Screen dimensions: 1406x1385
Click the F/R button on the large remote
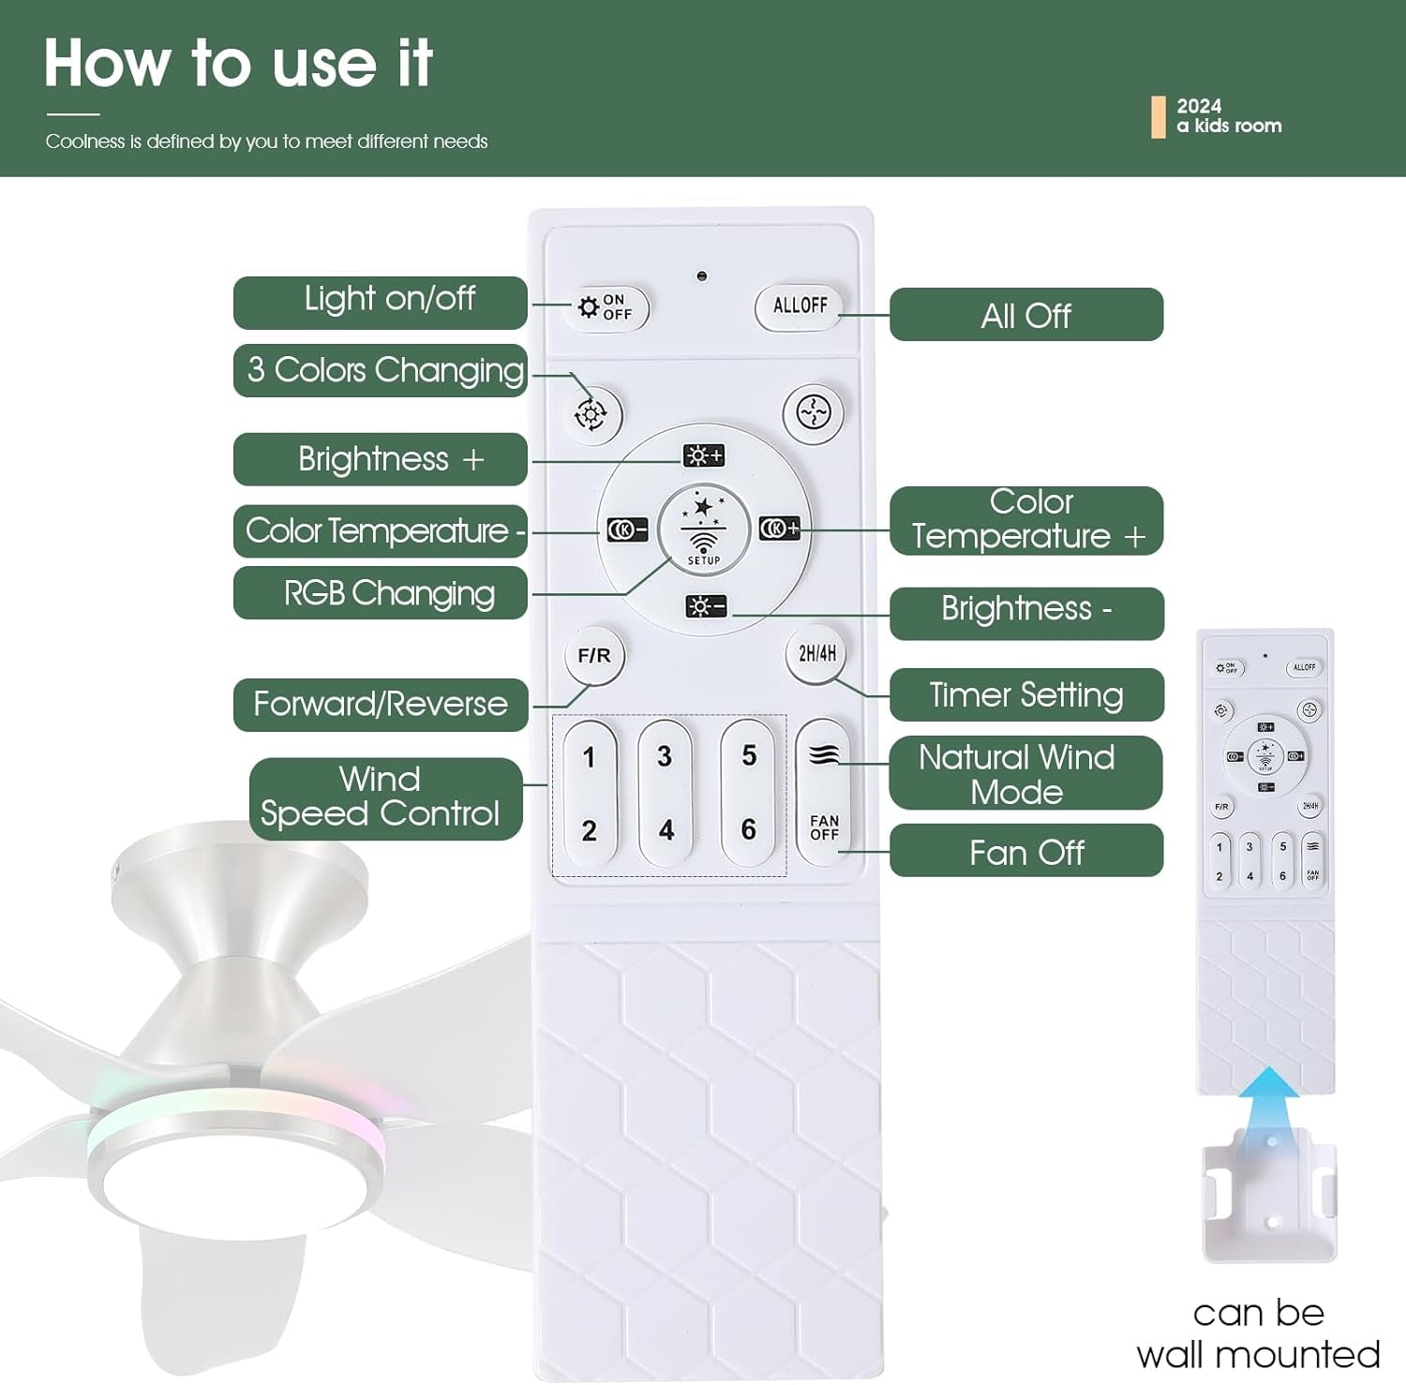click(x=594, y=656)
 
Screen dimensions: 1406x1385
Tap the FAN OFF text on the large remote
click(x=825, y=827)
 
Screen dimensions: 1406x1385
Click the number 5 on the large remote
click(x=749, y=755)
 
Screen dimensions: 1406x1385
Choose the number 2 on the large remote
click(x=589, y=830)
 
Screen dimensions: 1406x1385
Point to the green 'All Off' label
click(x=1026, y=315)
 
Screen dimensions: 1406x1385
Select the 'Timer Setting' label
click(x=1026, y=694)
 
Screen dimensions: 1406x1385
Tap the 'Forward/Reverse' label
click(x=381, y=704)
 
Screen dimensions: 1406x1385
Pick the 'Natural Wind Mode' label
click(x=1025, y=773)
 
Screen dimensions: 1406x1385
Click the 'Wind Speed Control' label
click(x=385, y=798)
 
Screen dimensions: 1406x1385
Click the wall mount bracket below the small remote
click(x=1270, y=1195)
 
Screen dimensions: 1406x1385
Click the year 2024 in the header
click(x=1199, y=106)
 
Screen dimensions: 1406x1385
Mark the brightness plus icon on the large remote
click(x=704, y=455)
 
